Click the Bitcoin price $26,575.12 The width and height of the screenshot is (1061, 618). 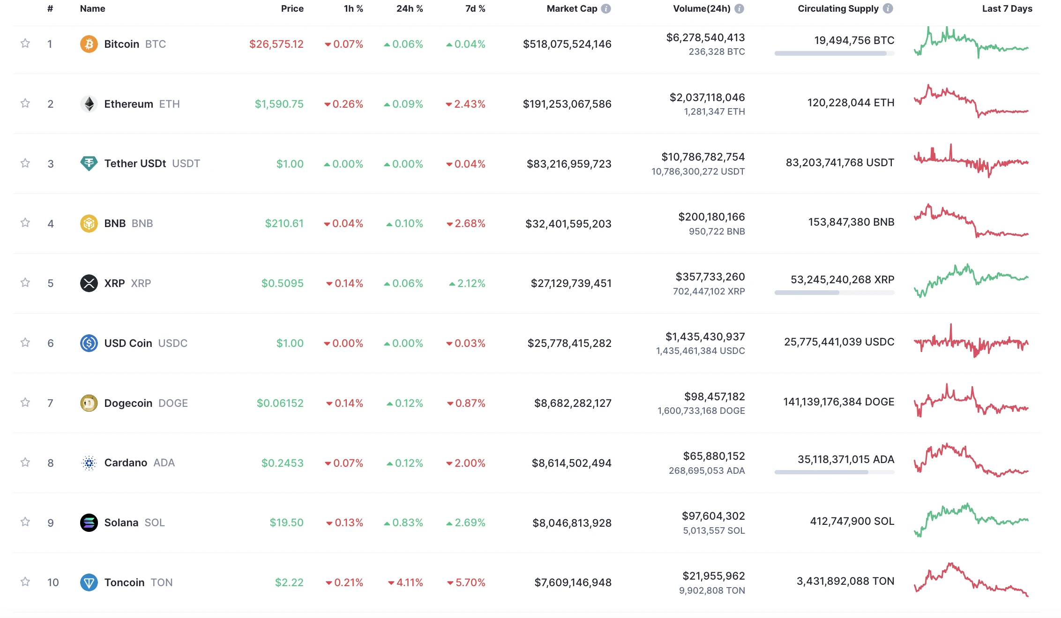[276, 44]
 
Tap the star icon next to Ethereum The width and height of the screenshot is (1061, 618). [25, 103]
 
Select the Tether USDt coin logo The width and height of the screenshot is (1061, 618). [89, 163]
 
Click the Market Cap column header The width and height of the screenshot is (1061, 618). [572, 8]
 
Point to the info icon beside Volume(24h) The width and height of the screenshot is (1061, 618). [740, 8]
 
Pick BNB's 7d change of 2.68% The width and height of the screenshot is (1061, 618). [466, 223]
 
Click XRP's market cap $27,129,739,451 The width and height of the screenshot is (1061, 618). [571, 283]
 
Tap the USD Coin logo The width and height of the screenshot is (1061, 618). [89, 343]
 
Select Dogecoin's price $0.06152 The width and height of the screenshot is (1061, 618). [280, 403]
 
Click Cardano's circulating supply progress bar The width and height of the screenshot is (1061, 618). [834, 472]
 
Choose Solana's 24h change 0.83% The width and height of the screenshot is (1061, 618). [403, 522]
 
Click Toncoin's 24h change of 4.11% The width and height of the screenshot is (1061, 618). [405, 582]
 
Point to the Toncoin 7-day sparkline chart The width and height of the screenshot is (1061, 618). [971, 580]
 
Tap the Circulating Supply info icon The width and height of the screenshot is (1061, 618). [888, 8]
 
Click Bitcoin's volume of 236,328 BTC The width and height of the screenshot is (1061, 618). [717, 51]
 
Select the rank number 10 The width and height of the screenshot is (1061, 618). [53, 582]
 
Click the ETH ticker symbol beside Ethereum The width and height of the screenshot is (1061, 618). [170, 104]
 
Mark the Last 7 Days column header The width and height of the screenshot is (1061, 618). [1007, 8]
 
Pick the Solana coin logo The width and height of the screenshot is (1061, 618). [89, 522]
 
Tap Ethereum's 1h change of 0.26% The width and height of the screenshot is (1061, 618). [344, 104]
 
